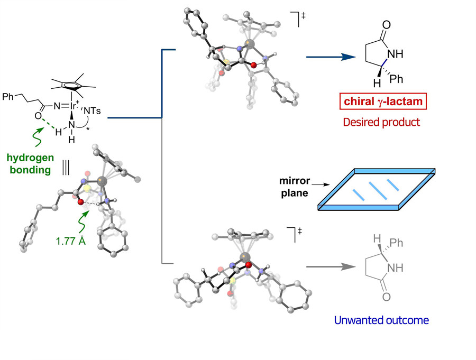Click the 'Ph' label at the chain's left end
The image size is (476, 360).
pos(10,97)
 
